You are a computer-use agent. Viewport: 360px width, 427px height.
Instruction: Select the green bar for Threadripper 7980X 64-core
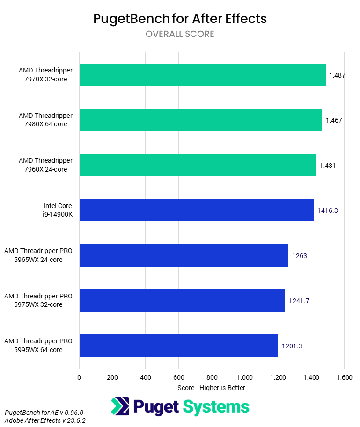[x=200, y=120]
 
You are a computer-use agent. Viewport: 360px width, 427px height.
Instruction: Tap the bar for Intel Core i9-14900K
[x=197, y=210]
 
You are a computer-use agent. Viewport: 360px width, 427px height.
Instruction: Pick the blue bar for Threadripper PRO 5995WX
[x=178, y=346]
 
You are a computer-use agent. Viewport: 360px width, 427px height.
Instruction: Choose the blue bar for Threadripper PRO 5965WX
[x=184, y=255]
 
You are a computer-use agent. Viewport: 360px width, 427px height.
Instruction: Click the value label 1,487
[x=337, y=75]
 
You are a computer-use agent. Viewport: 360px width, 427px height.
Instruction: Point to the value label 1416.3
[x=327, y=210]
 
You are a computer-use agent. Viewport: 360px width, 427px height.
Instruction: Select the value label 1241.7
[x=299, y=301]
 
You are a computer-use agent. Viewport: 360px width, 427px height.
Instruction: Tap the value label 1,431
[x=328, y=166]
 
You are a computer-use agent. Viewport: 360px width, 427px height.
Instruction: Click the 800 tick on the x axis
[x=212, y=377]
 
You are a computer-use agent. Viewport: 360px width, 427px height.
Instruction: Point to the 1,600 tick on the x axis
[x=344, y=377]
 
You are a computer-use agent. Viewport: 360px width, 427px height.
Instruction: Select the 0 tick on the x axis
[x=79, y=377]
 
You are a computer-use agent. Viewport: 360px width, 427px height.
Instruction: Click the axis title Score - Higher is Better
[x=211, y=388]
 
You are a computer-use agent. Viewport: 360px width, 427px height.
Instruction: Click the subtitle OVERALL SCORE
[x=180, y=34]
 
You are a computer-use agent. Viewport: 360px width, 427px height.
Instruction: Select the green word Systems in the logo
[x=216, y=406]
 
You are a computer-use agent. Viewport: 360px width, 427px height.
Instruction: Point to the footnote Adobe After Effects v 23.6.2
[x=45, y=420]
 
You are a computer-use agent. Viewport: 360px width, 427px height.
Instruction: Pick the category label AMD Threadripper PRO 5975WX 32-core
[x=38, y=300]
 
